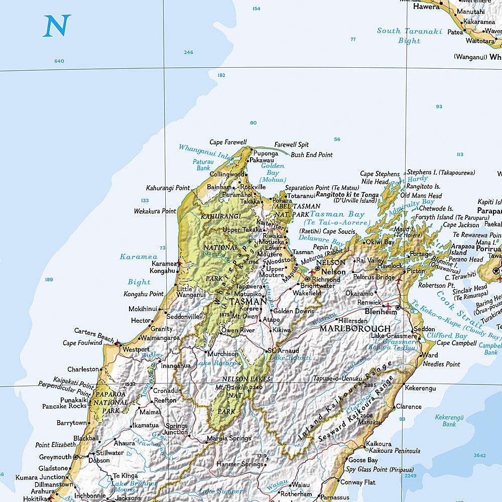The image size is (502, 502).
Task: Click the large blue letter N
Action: pyautogui.click(x=57, y=26)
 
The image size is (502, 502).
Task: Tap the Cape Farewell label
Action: pyautogui.click(x=228, y=143)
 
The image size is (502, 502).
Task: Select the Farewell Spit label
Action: pyautogui.click(x=292, y=145)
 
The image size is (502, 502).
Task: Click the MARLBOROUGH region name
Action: pyautogui.click(x=355, y=329)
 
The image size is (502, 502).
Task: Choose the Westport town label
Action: pyautogui.click(x=136, y=349)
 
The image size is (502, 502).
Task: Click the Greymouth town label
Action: pyautogui.click(x=55, y=457)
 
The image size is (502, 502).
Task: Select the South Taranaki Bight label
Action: pyautogui.click(x=409, y=36)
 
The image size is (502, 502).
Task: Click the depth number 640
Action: pyautogui.click(x=59, y=61)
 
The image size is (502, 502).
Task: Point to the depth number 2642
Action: pyautogui.click(x=479, y=455)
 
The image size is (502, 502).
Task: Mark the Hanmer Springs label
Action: pyautogui.click(x=239, y=464)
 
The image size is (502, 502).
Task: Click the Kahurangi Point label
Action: pyautogui.click(x=168, y=188)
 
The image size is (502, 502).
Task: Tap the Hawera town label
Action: pyautogui.click(x=426, y=7)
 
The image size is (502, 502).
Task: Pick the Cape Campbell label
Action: pyautogui.click(x=456, y=343)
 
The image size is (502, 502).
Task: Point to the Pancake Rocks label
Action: pyautogui.click(x=64, y=406)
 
